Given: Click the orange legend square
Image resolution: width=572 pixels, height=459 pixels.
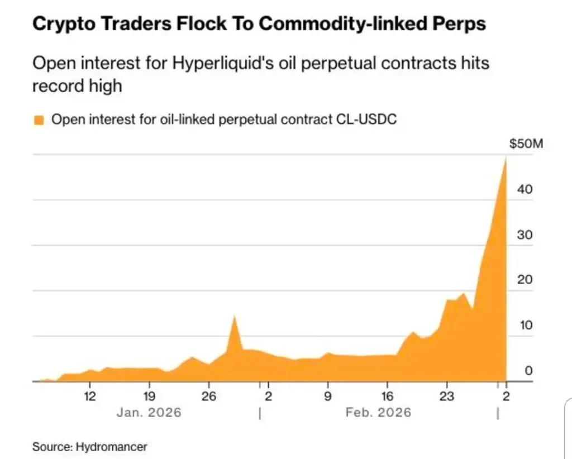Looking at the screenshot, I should (x=39, y=119).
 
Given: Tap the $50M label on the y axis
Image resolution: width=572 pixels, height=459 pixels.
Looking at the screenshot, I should (x=526, y=144).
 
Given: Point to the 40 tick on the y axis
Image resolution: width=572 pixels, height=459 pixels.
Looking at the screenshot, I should (x=525, y=189).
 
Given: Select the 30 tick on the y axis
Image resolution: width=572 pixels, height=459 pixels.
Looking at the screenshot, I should (x=525, y=235).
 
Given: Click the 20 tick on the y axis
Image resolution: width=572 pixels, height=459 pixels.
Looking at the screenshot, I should (x=525, y=280).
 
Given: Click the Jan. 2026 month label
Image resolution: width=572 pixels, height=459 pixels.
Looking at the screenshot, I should (x=149, y=413).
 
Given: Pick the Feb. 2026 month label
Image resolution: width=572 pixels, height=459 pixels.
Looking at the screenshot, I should (x=378, y=413).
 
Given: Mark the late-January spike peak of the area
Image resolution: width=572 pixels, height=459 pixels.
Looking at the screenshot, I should (x=234, y=317).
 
